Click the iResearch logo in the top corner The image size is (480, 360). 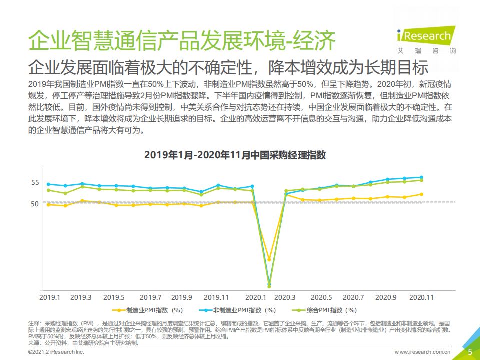coord(426,36)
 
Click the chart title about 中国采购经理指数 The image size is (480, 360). coord(235,155)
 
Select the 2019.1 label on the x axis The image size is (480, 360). coord(50,297)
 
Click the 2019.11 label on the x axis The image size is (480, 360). coord(216,297)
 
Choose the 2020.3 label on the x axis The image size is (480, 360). coord(285,297)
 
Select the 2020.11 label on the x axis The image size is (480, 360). coord(421,297)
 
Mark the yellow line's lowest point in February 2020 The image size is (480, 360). coord(269,260)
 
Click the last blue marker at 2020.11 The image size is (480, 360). coord(421,177)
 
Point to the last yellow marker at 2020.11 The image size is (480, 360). coord(421,194)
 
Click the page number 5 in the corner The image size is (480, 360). coord(470,352)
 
